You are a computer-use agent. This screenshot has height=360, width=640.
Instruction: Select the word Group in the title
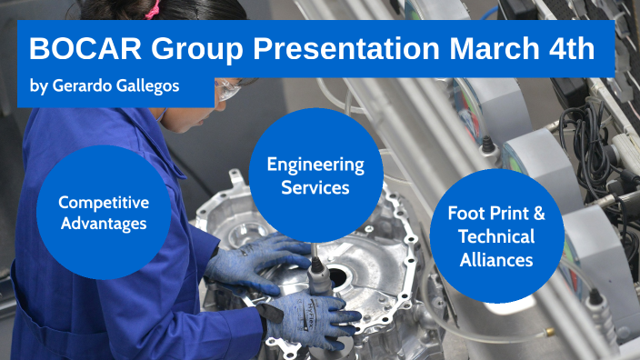click(x=188, y=49)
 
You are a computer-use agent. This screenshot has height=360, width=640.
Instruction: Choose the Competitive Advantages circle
click(x=104, y=212)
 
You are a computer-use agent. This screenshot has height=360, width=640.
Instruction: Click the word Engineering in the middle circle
click(x=315, y=165)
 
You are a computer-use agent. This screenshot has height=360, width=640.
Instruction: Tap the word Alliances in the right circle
click(x=496, y=259)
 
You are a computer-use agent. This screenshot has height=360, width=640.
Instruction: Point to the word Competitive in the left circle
click(x=104, y=202)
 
